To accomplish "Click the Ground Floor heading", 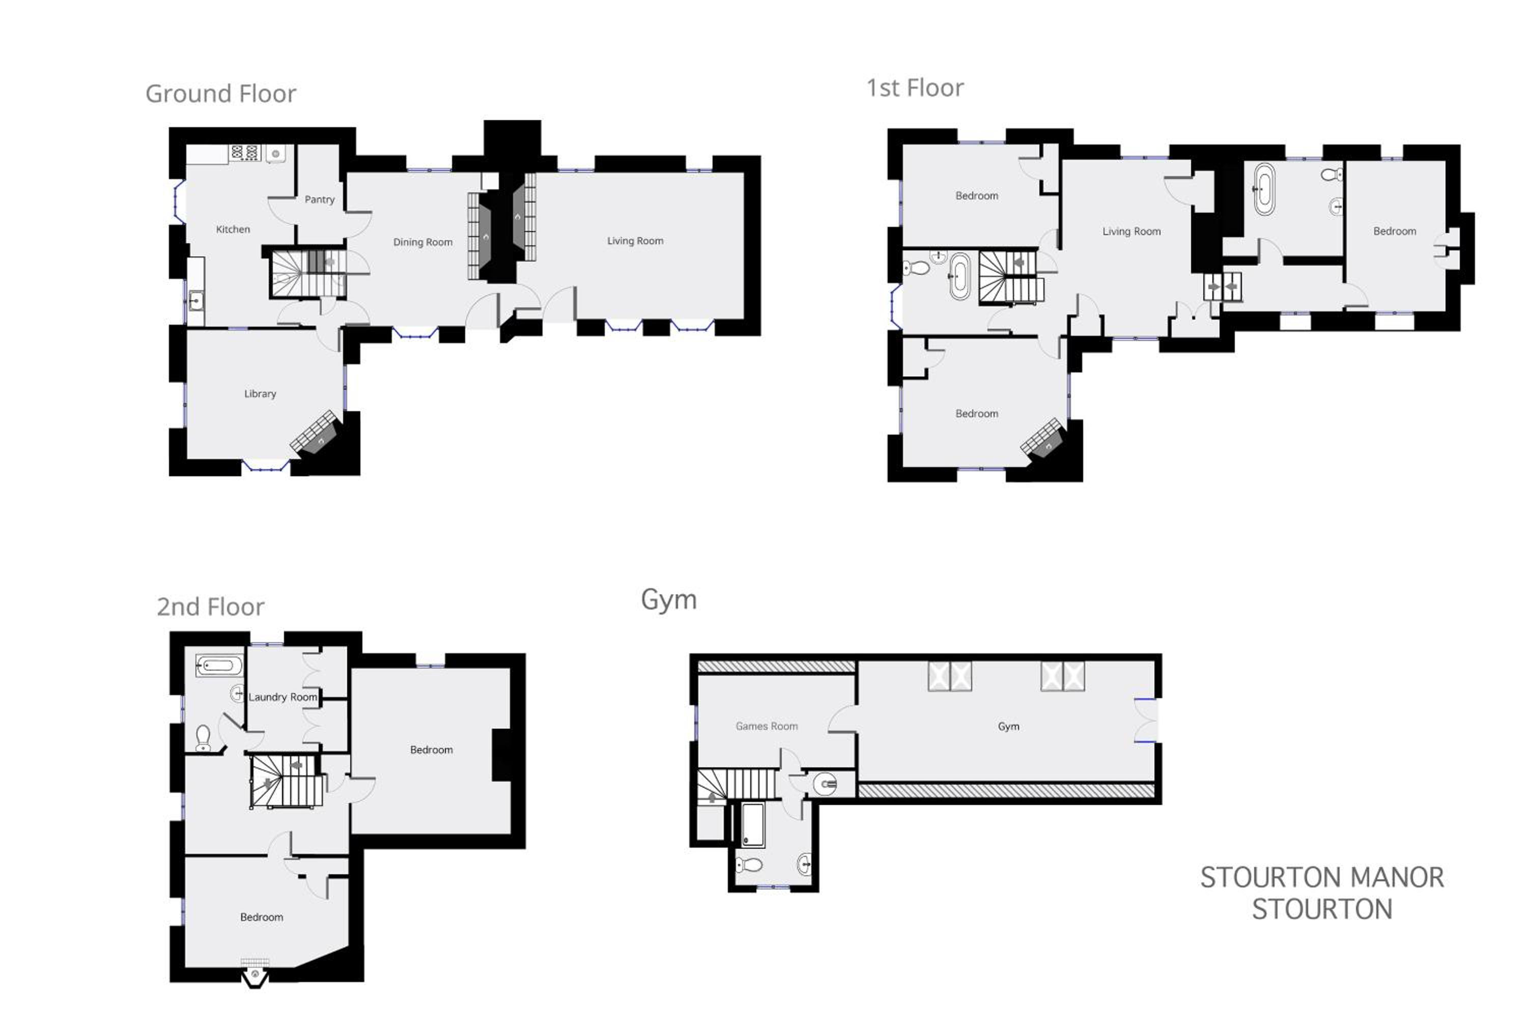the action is (221, 94).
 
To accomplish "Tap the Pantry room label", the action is (319, 199).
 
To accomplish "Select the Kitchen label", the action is (233, 229).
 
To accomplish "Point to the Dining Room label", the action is (422, 242).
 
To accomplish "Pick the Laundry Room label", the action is (282, 697).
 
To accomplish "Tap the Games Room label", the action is (766, 726).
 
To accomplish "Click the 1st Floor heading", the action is (915, 88).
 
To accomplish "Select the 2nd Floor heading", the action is (210, 607).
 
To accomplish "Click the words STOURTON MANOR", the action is (1321, 878).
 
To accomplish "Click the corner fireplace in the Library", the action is (316, 434).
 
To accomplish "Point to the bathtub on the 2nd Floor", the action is (219, 666).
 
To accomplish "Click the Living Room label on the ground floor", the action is (635, 241).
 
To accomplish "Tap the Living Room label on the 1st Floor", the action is (1132, 231).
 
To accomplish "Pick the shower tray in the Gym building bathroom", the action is (753, 824).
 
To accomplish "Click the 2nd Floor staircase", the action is (287, 781).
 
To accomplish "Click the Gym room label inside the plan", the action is (1008, 727).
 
